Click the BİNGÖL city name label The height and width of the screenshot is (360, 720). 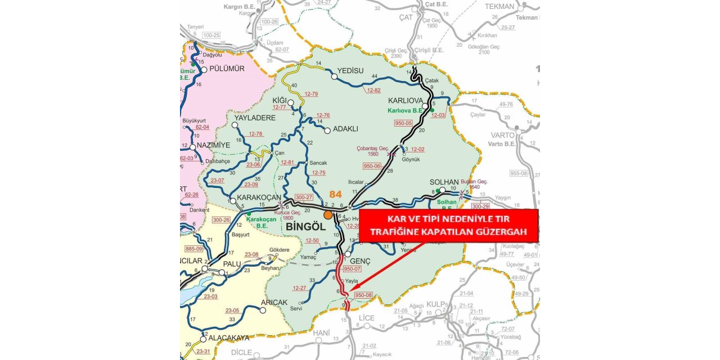click(x=307, y=226)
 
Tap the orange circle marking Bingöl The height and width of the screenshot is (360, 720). click(x=328, y=215)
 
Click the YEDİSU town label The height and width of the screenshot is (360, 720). click(x=351, y=71)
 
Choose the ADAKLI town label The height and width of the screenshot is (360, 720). click(x=345, y=129)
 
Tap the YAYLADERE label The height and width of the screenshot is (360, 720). click(x=255, y=118)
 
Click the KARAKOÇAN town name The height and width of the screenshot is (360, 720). click(x=259, y=197)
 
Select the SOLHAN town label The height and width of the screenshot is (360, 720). click(x=445, y=182)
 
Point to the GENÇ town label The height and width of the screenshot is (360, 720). click(x=360, y=262)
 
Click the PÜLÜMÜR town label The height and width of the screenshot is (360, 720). click(x=227, y=69)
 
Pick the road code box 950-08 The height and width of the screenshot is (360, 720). click(x=364, y=295)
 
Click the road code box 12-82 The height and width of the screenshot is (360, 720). click(x=373, y=90)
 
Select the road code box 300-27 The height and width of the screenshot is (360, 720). click(x=304, y=197)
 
